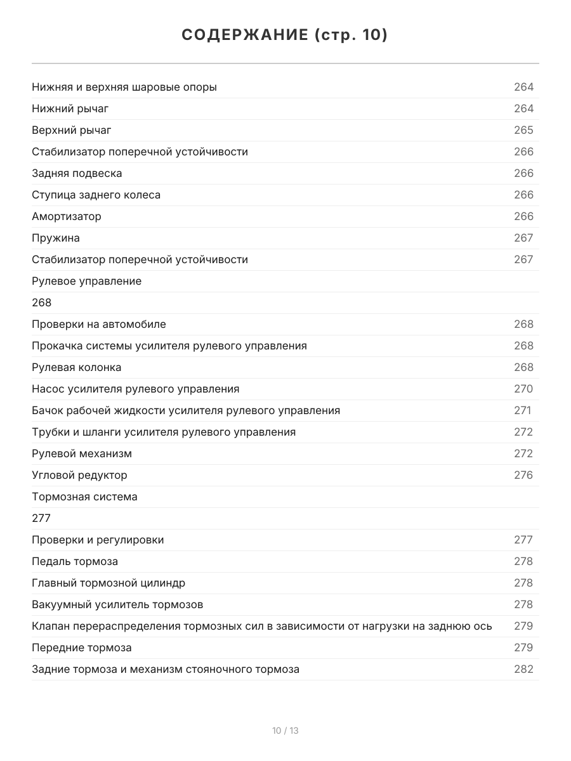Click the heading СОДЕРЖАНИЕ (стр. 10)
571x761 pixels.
click(285, 35)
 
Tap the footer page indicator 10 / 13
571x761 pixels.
click(285, 731)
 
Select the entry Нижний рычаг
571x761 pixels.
click(70, 108)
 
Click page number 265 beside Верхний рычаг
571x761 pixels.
click(523, 130)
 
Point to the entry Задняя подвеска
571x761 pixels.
click(77, 173)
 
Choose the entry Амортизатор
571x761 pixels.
click(67, 216)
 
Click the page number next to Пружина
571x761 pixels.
click(523, 238)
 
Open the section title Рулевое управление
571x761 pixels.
click(86, 281)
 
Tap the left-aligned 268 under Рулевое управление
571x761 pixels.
click(41, 302)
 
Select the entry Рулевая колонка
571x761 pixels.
click(76, 367)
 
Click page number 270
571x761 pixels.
click(523, 389)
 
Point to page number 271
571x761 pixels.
click(522, 410)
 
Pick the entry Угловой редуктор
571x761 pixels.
click(79, 475)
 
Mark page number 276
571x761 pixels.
click(523, 475)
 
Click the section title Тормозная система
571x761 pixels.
click(84, 497)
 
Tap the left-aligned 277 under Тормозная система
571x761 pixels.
click(41, 518)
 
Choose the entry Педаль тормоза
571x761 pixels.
click(75, 561)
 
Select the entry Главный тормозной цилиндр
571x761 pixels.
click(108, 583)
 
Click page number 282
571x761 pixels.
click(523, 669)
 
